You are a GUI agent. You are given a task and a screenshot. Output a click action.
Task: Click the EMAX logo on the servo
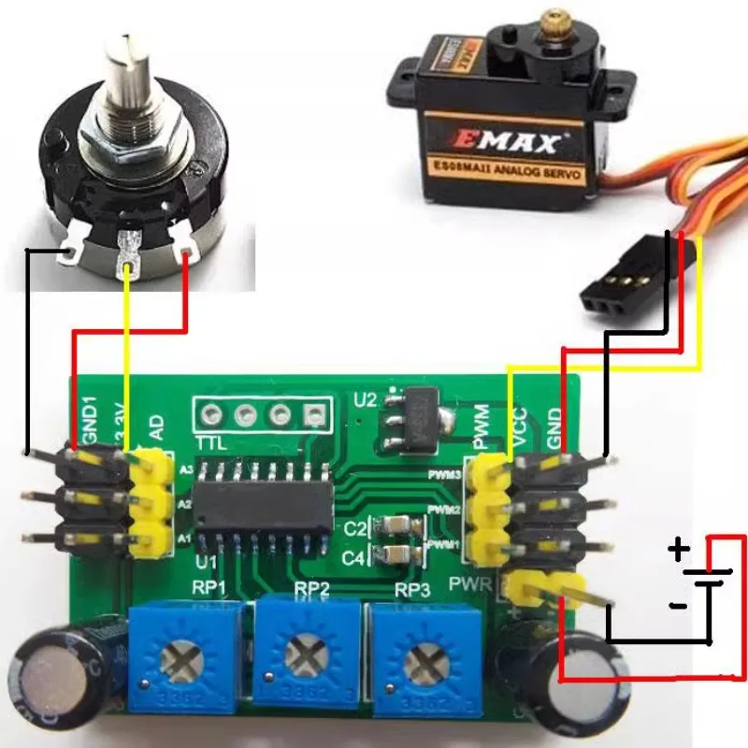pyautogui.click(x=510, y=142)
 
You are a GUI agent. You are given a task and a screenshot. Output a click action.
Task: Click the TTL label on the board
pyautogui.click(x=213, y=440)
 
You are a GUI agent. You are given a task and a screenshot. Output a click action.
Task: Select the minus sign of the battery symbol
pyautogui.click(x=677, y=605)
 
